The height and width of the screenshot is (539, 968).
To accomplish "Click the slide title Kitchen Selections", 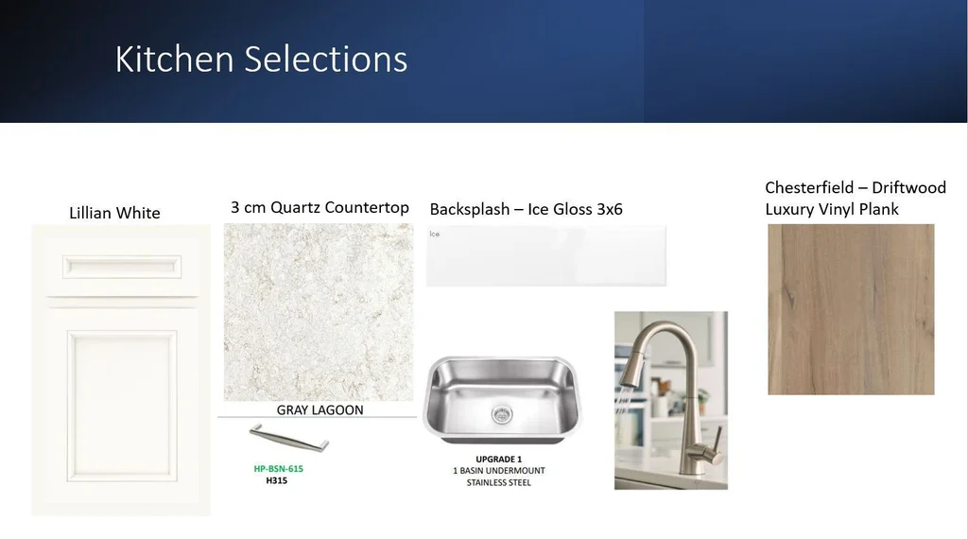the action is coord(261,60).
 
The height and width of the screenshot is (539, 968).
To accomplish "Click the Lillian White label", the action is coord(114,213).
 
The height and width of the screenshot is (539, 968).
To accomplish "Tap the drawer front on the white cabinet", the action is coord(122,267).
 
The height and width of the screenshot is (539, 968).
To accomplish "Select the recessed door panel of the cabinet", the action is coord(122,406).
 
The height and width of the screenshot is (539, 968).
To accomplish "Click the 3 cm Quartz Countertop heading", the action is coord(320,207).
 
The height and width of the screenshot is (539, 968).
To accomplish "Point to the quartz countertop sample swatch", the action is coord(319,312).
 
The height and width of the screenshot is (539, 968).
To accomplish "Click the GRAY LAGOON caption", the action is coord(320,410).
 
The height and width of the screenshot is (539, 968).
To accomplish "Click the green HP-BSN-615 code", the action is coord(279,469).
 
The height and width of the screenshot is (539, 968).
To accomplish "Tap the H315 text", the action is coord(277,480).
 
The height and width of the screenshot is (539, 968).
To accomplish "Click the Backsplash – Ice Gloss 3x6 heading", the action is coord(526,209).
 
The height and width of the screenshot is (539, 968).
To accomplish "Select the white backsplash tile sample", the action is coord(546,256).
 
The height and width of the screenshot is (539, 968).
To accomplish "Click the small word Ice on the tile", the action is coord(435,234).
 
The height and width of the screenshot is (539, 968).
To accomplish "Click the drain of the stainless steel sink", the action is coord(501,414).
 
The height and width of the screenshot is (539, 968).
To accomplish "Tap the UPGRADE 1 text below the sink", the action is coord(499,460).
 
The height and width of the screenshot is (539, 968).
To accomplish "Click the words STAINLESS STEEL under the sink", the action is coord(499,483).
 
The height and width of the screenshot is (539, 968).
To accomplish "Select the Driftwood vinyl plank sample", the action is coord(851,309).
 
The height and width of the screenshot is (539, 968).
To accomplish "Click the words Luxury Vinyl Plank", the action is coord(832,209).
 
